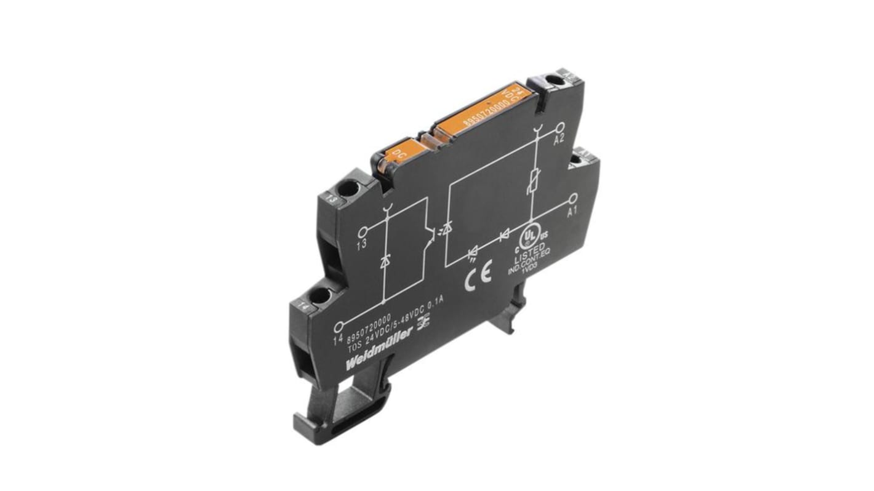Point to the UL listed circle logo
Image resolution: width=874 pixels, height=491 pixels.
[530, 237]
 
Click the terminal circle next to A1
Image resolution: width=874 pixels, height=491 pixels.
[573, 198]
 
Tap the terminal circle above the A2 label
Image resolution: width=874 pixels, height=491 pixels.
[559, 129]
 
